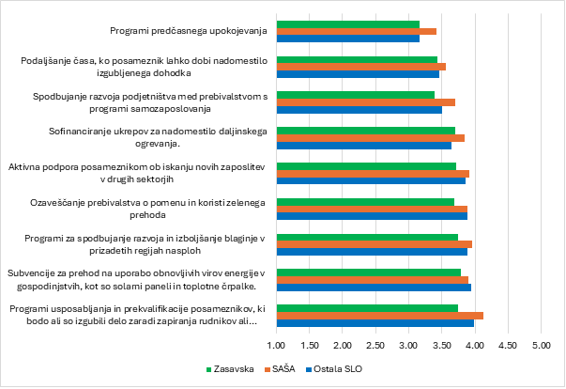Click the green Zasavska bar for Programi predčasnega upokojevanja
tap(347, 23)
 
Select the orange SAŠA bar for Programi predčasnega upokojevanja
tap(356, 32)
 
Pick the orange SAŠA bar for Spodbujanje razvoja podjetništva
tap(366, 102)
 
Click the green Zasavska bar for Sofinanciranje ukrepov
tap(366, 131)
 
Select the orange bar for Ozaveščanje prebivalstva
tap(372, 209)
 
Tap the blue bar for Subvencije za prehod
tap(374, 288)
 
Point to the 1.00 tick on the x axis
tap(277, 345)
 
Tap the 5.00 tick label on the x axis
tap(541, 345)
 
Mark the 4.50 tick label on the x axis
tap(508, 345)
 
